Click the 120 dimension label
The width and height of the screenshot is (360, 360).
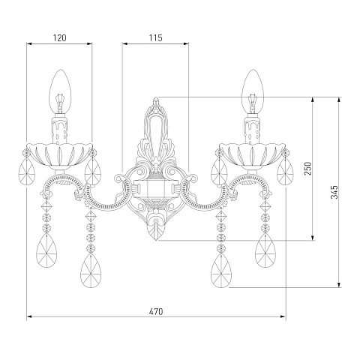[60, 38]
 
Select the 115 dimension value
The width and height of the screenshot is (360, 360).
[155, 38]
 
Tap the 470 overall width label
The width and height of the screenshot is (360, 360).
[156, 311]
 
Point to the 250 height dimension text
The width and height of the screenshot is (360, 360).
[308, 169]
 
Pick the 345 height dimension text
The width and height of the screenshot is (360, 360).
[334, 192]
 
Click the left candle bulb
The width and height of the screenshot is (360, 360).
[60, 91]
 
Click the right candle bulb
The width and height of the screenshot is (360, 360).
[253, 91]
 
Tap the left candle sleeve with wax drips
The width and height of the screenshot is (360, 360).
[60, 130]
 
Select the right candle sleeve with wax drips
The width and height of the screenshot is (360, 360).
[252, 130]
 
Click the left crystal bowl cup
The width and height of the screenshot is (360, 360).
[60, 155]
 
